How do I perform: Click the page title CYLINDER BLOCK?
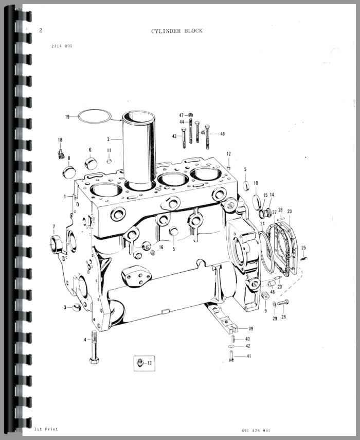tap(176, 31)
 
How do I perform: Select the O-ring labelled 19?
tap(95, 110)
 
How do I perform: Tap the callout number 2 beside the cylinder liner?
tap(108, 139)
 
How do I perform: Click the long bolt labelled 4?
tap(94, 347)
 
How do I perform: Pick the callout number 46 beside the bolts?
tap(222, 134)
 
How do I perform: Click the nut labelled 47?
tap(190, 115)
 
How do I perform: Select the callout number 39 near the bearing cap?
tap(250, 329)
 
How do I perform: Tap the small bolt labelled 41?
tap(231, 356)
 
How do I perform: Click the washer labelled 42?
tap(231, 346)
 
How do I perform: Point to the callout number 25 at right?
tap(303, 248)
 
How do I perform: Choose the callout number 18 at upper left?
tap(60, 140)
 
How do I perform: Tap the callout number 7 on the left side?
tap(53, 227)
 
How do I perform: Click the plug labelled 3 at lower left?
tap(77, 308)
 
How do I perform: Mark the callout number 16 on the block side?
tap(161, 247)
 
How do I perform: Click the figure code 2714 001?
tap(62, 46)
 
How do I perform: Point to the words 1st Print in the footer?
tap(46, 429)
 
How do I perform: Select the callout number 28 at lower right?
tap(284, 317)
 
